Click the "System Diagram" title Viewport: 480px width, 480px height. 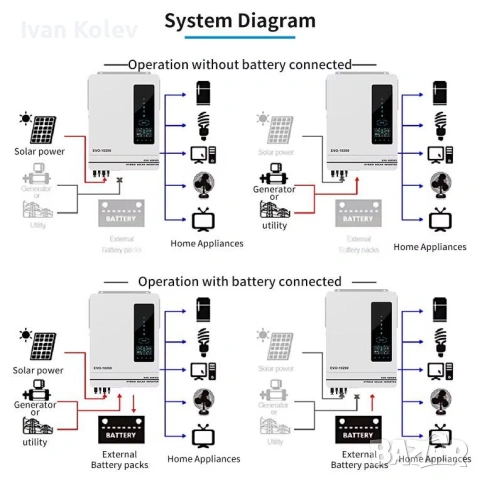[x=240, y=21]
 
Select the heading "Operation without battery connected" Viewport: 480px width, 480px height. [x=240, y=64]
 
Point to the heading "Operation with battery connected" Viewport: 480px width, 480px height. [x=240, y=282]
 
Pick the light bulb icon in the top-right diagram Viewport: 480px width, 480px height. [x=437, y=127]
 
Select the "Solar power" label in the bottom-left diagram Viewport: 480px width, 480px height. [x=39, y=369]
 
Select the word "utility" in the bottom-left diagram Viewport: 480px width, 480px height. [x=35, y=442]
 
